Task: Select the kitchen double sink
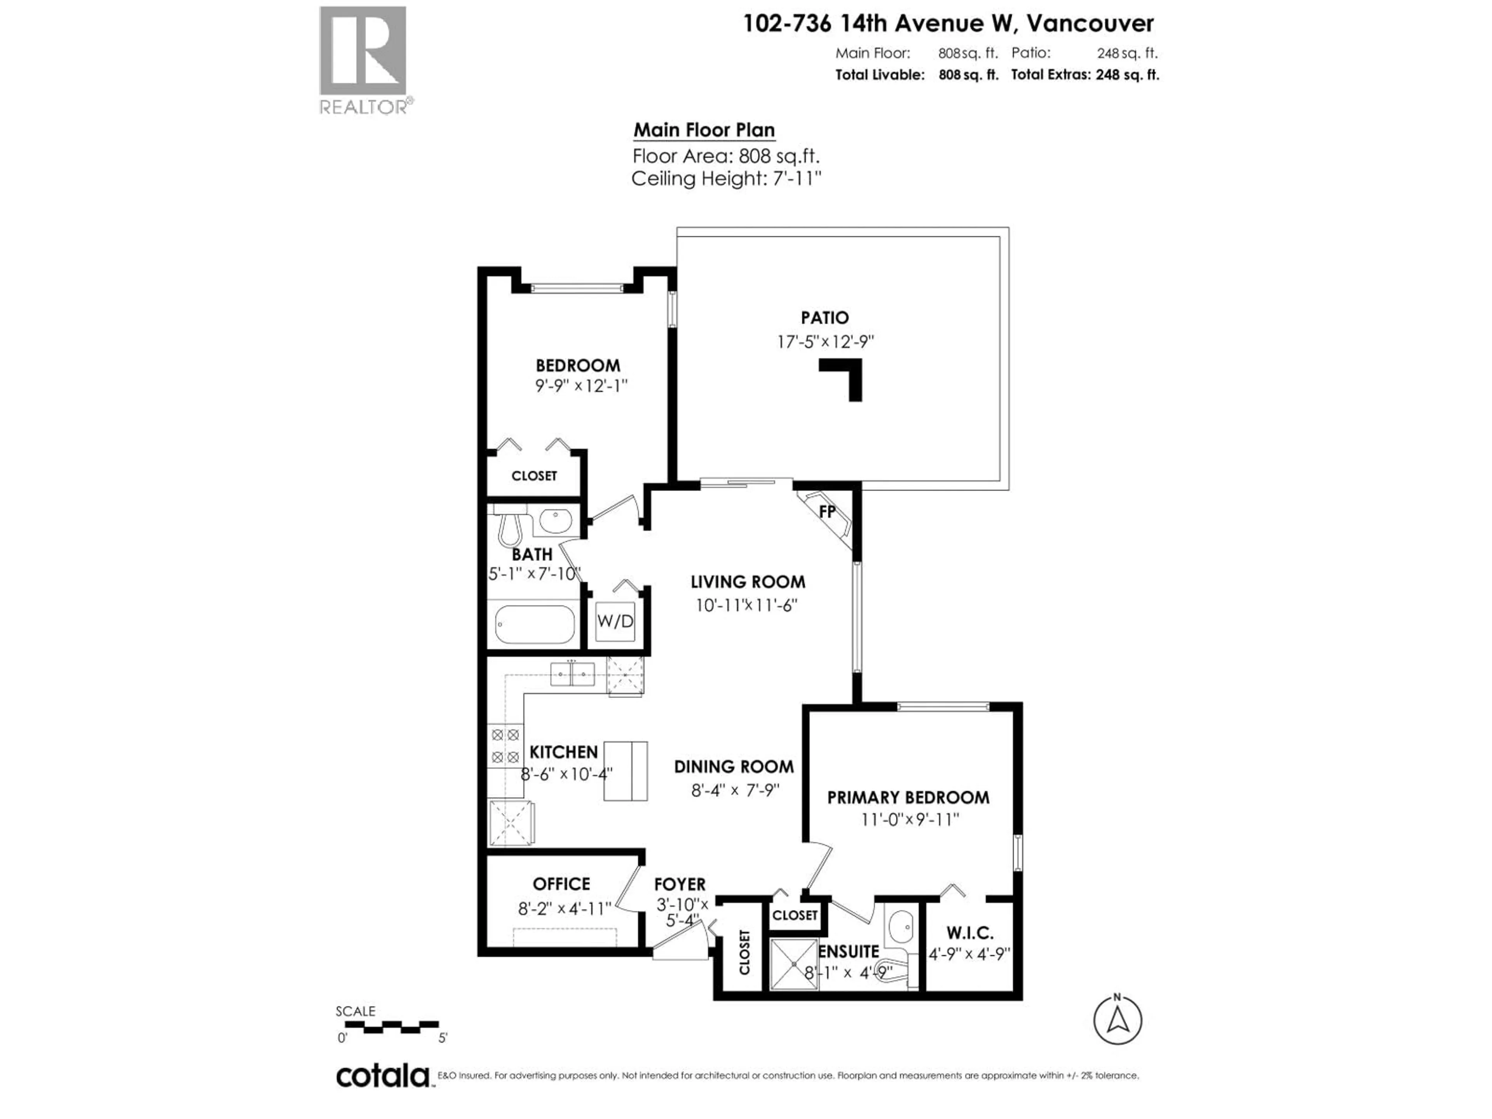pos(572,674)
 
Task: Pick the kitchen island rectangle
pos(625,771)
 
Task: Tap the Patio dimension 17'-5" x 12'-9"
pos(825,342)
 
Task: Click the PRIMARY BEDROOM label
pos(908,797)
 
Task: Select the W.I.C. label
pos(970,933)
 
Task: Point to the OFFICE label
pos(561,884)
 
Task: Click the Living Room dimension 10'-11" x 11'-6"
pos(747,605)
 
